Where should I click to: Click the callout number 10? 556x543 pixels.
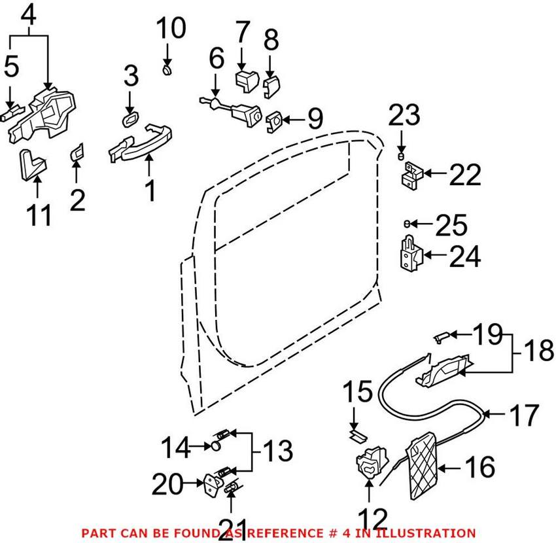point(170,29)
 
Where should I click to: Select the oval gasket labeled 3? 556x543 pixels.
point(130,118)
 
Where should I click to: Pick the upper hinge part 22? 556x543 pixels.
point(411,175)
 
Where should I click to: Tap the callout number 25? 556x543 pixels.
point(451,226)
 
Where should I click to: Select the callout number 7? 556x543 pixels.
point(242,32)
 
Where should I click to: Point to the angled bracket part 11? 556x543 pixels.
point(31,164)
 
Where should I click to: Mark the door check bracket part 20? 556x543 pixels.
point(214,485)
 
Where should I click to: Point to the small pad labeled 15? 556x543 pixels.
point(357,432)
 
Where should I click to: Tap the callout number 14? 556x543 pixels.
point(176,448)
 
